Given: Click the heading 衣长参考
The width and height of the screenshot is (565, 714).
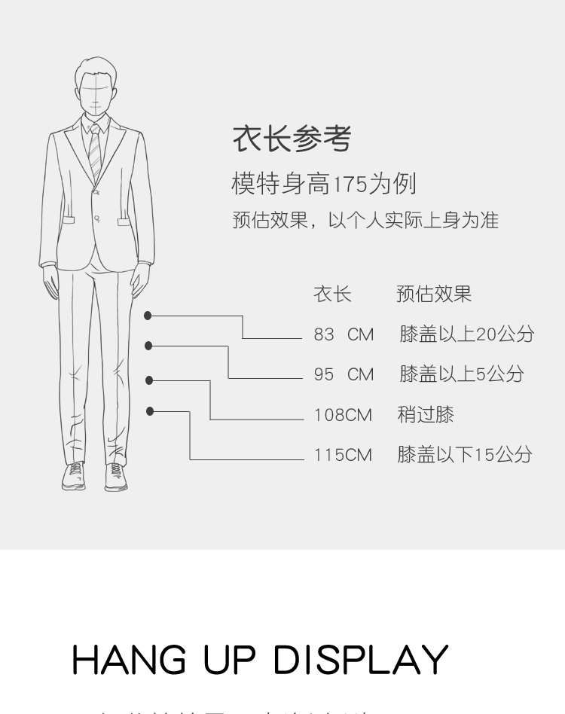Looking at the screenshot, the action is pyautogui.click(x=292, y=139).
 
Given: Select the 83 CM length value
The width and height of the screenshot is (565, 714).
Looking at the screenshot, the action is pyautogui.click(x=344, y=334).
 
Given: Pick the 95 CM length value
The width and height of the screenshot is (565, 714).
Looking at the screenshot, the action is pyautogui.click(x=344, y=374).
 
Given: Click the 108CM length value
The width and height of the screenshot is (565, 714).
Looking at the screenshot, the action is pyautogui.click(x=343, y=415).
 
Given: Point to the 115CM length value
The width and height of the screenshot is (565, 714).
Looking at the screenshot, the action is pyautogui.click(x=343, y=455).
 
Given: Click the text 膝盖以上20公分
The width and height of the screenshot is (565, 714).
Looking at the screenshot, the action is pyautogui.click(x=466, y=334).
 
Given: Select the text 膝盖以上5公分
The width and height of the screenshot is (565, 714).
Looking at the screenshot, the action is pyautogui.click(x=461, y=374).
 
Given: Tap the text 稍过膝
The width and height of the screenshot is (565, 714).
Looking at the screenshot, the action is pyautogui.click(x=426, y=415).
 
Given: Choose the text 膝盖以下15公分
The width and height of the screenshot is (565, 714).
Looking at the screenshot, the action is pyautogui.click(x=465, y=455).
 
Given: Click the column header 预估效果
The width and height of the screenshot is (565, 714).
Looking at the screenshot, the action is pyautogui.click(x=434, y=294).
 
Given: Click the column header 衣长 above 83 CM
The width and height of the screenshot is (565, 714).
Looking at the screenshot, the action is pyautogui.click(x=332, y=294).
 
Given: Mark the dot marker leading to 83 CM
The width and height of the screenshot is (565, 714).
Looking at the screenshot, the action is pyautogui.click(x=148, y=316).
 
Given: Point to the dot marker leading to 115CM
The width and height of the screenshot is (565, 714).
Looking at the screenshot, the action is pyautogui.click(x=150, y=411).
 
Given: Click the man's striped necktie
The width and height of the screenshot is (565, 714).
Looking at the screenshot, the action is pyautogui.click(x=94, y=151).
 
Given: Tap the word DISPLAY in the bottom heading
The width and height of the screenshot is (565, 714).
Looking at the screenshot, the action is pyautogui.click(x=360, y=660).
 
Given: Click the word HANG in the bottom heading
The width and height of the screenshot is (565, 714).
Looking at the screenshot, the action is pyautogui.click(x=129, y=660).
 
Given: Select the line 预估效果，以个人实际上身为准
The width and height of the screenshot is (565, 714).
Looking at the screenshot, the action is pyautogui.click(x=365, y=221).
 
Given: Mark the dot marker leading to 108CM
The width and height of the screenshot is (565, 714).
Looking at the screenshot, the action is pyautogui.click(x=149, y=380).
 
